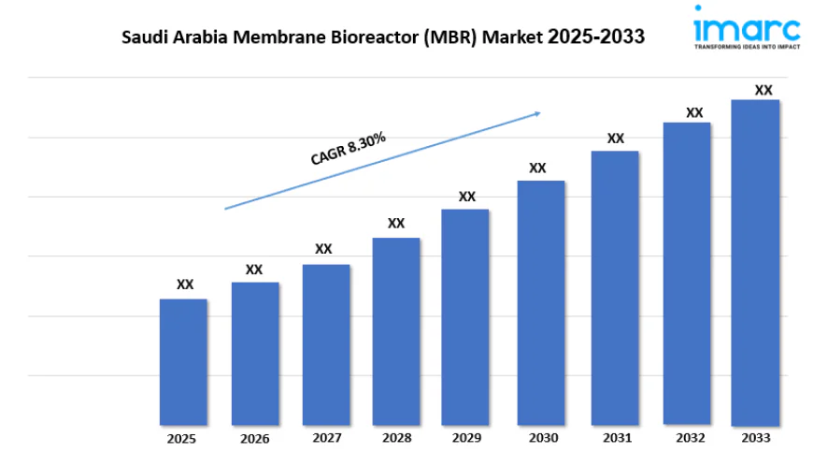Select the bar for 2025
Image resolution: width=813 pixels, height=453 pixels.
coord(183,362)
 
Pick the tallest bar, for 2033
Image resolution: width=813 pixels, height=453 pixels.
coord(755,262)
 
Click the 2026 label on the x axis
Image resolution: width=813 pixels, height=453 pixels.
coord(254,438)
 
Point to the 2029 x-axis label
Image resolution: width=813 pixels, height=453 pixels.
coord(465,438)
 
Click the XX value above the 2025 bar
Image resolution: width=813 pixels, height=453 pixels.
coord(185,285)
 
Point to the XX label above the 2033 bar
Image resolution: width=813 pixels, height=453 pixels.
coord(763,91)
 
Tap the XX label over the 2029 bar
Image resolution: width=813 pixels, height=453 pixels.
coord(467,197)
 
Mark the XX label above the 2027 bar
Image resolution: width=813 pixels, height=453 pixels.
coord(323,249)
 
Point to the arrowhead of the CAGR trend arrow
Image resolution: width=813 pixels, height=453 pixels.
coord(537,113)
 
